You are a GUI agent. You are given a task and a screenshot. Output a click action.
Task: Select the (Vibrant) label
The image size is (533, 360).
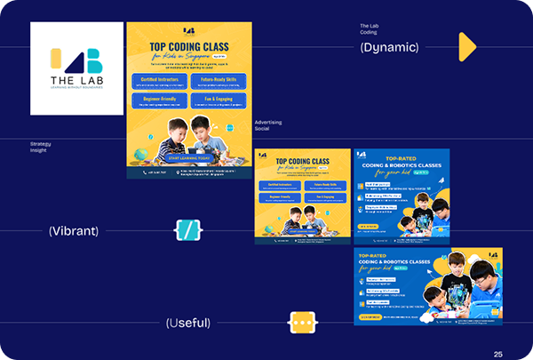coord(73,231)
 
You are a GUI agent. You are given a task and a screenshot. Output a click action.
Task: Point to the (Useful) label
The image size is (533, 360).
coord(188,324)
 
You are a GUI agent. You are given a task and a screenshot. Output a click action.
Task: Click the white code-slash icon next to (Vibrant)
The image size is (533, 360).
coord(187,231)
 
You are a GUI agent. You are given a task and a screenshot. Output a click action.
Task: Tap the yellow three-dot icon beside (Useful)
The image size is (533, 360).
coord(303,324)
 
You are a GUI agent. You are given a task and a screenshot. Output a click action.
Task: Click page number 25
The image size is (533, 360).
coord(498,354)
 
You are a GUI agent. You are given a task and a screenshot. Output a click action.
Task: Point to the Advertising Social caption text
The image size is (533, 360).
coord(267,125)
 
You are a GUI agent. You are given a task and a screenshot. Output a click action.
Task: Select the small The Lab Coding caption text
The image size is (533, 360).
coord(369,29)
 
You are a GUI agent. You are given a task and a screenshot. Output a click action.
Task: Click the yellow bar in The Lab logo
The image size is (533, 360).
coord(55,60)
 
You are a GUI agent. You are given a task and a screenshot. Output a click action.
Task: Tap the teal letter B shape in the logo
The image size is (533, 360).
coord(94,60)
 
